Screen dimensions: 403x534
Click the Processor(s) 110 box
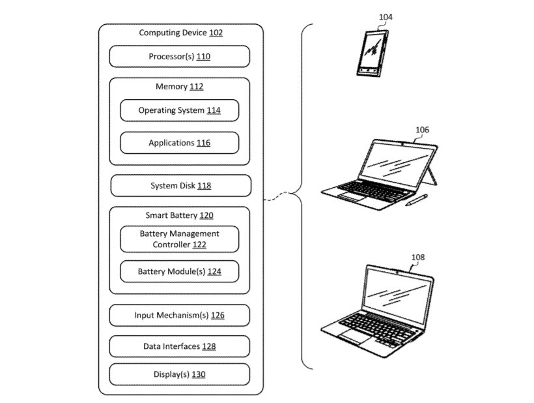tap(180, 57)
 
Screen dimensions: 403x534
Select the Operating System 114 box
tap(179, 110)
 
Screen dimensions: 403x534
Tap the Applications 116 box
tap(179, 143)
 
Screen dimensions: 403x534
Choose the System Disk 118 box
tap(180, 186)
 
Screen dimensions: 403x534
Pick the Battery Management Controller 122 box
tap(179, 239)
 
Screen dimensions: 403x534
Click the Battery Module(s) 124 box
tap(179, 271)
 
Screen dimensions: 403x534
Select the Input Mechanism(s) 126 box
tap(179, 316)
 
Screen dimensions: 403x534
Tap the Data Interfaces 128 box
tap(179, 346)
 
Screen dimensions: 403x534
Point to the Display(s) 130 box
tap(179, 374)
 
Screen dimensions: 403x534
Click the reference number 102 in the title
tap(216, 33)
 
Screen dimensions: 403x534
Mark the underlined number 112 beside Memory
tap(197, 87)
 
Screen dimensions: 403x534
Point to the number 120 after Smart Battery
tap(206, 215)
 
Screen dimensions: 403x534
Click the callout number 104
tap(385, 17)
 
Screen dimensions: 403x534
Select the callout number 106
tap(422, 130)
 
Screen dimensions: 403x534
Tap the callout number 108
tap(417, 257)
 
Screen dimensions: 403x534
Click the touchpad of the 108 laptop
tap(352, 335)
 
